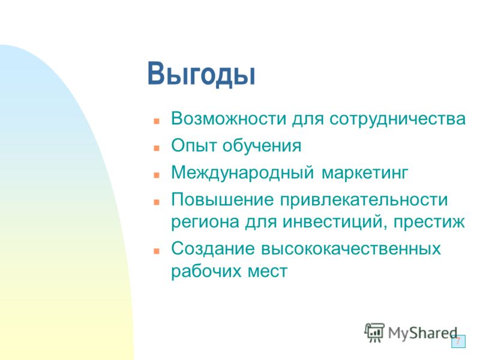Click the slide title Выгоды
201,74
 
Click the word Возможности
229,118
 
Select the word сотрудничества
397,119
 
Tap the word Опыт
194,145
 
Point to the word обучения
262,145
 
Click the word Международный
242,173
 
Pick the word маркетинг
365,173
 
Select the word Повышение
222,200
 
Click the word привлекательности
364,200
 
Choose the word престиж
429,222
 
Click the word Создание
213,248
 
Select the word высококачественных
351,249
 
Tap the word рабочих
206,271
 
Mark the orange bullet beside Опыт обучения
157,148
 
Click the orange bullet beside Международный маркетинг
157,175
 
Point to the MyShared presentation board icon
374,332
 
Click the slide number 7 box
458,341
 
